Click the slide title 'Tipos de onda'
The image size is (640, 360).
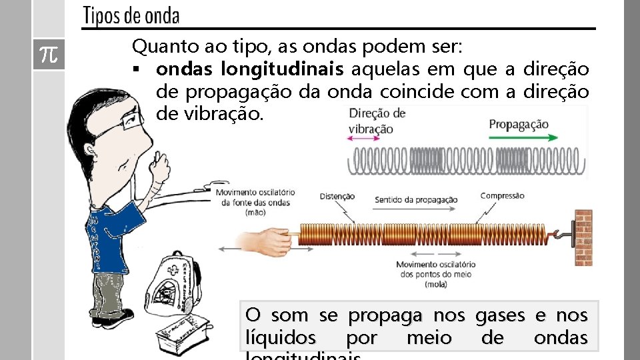131,16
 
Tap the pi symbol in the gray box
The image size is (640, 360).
48,55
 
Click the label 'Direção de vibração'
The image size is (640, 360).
376,121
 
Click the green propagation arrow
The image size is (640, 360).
523,138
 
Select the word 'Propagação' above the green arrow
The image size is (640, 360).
519,124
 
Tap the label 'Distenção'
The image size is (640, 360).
337,197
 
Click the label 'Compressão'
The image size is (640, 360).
502,196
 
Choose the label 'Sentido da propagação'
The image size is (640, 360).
416,199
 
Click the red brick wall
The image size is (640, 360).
583,238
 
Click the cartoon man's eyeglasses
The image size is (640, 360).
123,126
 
